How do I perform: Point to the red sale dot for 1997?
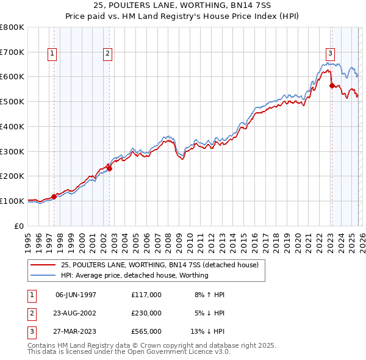(54, 196)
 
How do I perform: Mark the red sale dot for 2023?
(332, 85)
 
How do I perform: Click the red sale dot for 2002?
(109, 168)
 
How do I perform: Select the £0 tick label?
(20, 226)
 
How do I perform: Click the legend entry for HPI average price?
(134, 275)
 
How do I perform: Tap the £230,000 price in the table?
(146, 313)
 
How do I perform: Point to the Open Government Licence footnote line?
(129, 352)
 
